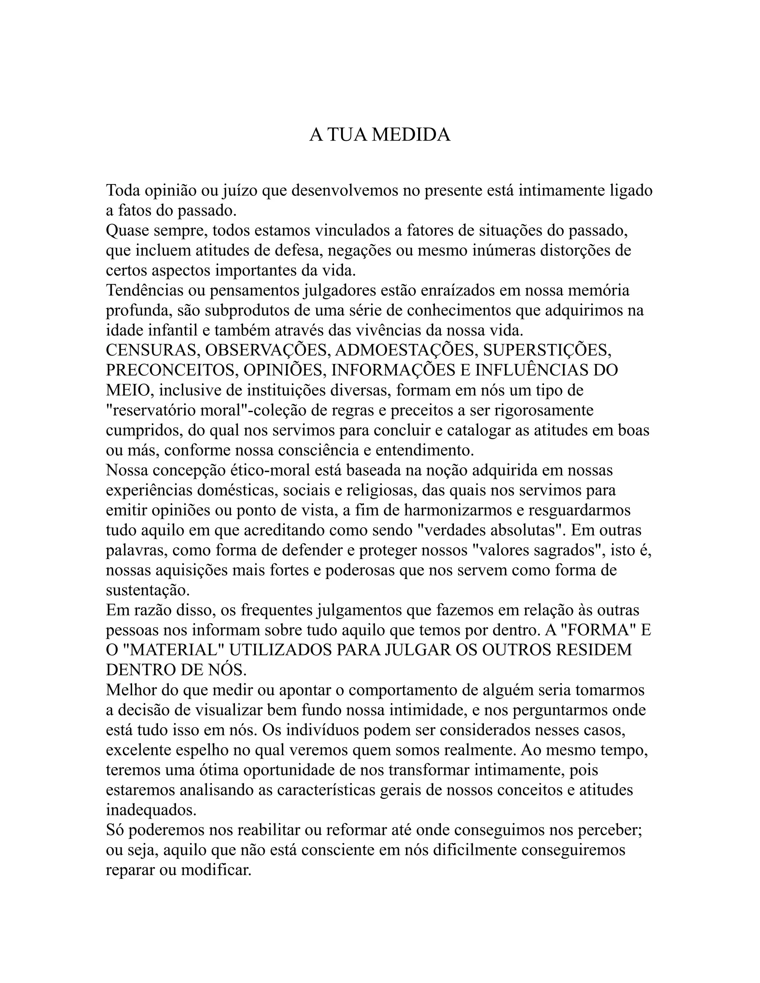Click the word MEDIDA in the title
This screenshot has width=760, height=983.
411,135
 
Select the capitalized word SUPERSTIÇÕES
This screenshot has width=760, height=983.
547,350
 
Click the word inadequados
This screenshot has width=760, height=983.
151,810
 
